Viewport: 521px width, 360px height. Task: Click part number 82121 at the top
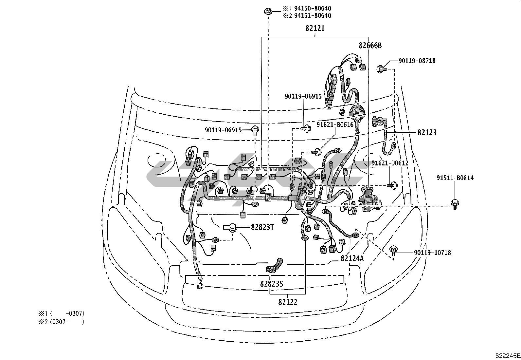(x=315, y=28)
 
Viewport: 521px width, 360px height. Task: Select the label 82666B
(x=370, y=46)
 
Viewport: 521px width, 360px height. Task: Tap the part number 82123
(x=427, y=133)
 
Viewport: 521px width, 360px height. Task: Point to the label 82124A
(x=352, y=258)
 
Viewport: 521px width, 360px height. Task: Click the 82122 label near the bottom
(x=288, y=302)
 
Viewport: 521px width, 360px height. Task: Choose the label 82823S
(x=272, y=284)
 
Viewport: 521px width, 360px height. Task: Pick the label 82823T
(x=262, y=227)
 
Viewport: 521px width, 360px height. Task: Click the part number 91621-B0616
(x=335, y=124)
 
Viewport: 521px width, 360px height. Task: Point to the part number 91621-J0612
(x=390, y=163)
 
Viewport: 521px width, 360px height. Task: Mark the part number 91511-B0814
(x=455, y=178)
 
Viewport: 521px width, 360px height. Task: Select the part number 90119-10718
(x=432, y=253)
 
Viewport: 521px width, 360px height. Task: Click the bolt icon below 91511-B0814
(x=455, y=204)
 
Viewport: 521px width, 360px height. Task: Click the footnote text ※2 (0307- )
(x=61, y=322)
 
